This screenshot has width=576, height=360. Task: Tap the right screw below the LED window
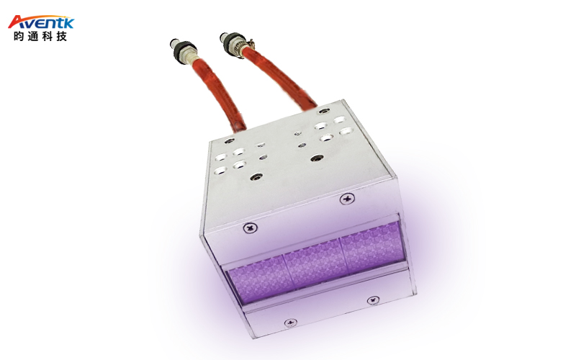tap(372, 300)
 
